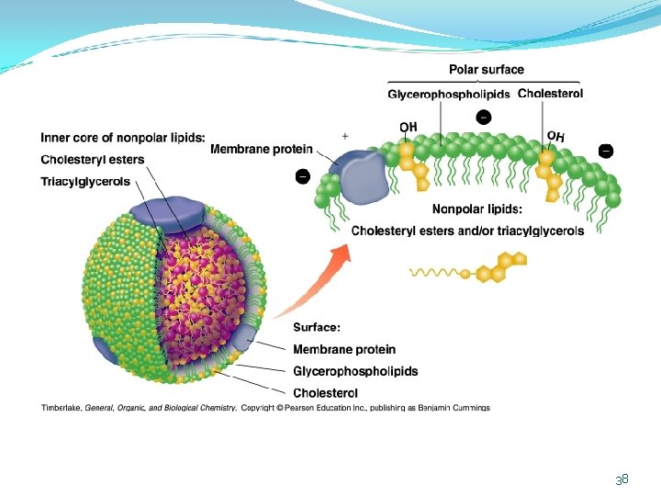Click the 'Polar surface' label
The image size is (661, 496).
click(x=487, y=70)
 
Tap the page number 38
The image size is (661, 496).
click(x=622, y=479)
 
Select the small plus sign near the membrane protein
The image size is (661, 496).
click(x=345, y=136)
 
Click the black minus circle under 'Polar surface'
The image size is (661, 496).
click(x=484, y=117)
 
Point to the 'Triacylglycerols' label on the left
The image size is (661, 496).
click(x=85, y=182)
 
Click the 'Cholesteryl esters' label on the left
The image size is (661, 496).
click(x=93, y=160)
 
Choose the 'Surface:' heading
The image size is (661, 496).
click(x=317, y=327)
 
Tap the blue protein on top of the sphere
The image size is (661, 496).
click(x=169, y=214)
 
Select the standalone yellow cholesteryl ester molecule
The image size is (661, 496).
click(x=468, y=268)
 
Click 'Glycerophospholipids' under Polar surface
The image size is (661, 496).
click(x=449, y=94)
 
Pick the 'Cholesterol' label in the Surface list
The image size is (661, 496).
click(x=325, y=393)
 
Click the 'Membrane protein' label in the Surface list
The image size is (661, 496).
click(x=344, y=349)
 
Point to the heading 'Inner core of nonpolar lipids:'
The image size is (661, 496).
click(x=123, y=138)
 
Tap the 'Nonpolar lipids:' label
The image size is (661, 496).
click(x=476, y=209)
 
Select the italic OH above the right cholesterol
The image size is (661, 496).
click(x=555, y=136)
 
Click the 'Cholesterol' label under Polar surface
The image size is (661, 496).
click(x=550, y=93)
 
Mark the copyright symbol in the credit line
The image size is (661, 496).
click(x=279, y=408)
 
